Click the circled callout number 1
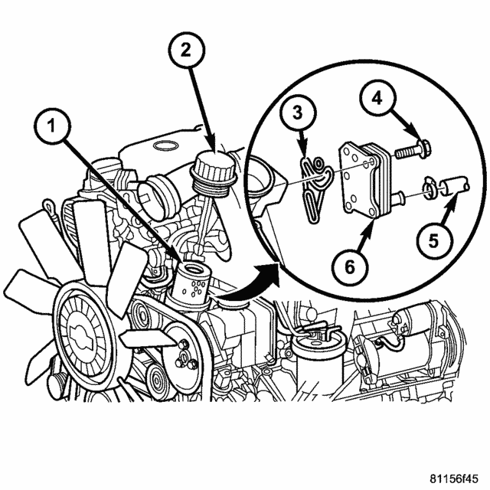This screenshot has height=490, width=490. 52,126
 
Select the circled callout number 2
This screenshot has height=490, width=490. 186,50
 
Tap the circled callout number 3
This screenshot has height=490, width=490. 298,113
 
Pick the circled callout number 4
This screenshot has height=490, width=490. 377,99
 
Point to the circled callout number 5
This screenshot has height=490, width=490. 433,240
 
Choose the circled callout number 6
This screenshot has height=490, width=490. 350,267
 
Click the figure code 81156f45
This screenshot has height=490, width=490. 454,479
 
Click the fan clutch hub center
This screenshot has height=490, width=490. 83,337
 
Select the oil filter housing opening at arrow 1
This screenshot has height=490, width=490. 192,268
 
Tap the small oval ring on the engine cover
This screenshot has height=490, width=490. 165,145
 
